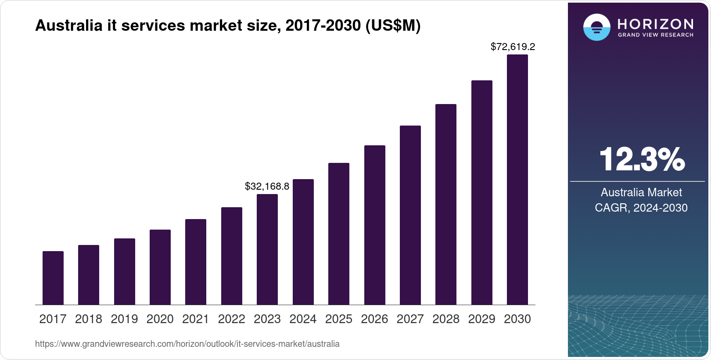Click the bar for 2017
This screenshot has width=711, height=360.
click(53, 278)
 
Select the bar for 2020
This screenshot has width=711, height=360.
click(160, 267)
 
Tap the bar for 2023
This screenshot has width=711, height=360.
click(267, 249)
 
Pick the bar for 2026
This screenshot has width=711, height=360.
click(375, 225)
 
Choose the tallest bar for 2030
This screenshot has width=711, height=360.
click(517, 180)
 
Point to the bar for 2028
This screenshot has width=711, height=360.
click(446, 204)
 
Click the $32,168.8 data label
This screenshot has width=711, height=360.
click(267, 186)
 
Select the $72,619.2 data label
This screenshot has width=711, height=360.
click(513, 47)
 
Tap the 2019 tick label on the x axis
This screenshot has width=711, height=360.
click(124, 319)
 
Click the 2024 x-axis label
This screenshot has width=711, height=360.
click(303, 319)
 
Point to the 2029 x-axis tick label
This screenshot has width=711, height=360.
click(481, 319)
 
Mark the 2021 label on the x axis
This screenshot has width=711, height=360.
click(196, 319)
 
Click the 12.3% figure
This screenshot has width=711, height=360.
click(641, 159)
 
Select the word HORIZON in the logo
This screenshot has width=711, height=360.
click(656, 24)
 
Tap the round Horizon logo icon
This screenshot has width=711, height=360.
click(597, 27)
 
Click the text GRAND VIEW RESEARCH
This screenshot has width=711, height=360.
click(656, 35)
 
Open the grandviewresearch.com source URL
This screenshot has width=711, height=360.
click(187, 344)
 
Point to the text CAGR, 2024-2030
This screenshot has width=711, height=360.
click(641, 208)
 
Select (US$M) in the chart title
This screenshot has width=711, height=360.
click(393, 25)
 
